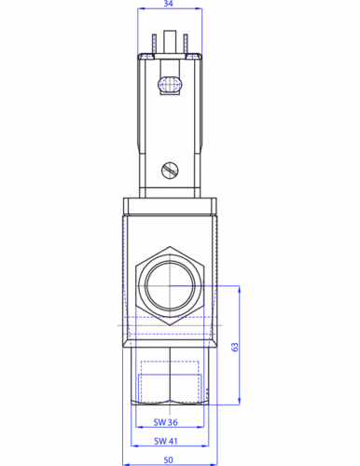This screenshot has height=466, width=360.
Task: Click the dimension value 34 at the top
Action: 168,4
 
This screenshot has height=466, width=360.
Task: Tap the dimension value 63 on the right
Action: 235,347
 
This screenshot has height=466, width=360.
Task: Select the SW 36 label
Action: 166,422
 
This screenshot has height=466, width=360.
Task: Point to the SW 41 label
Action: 166,441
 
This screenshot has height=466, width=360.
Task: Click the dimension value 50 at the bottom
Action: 168,460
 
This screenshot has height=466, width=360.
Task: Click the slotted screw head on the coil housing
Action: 170,171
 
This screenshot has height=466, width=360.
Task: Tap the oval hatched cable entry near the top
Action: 170,84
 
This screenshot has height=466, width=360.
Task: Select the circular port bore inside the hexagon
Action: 170,286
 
